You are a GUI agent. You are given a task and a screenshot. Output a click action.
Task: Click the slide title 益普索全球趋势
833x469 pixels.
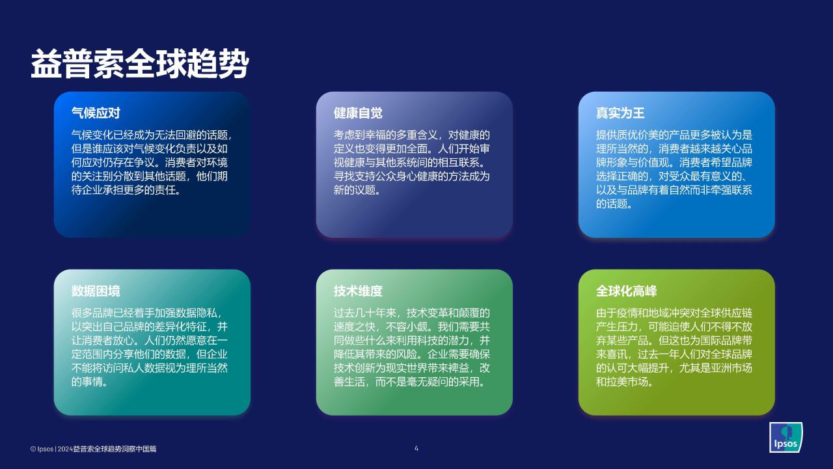pos(139,64)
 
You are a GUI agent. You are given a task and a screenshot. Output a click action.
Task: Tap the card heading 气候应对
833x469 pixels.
pos(96,113)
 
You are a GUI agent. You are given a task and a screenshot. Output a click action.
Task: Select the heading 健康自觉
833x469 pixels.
pos(358,113)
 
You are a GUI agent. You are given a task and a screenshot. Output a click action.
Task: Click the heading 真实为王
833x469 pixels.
pos(620,113)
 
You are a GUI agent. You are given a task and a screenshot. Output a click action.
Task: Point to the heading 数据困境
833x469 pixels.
pos(96,291)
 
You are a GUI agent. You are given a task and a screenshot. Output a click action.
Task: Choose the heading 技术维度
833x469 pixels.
pos(358,291)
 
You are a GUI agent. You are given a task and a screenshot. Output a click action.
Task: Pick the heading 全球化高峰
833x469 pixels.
pos(626,291)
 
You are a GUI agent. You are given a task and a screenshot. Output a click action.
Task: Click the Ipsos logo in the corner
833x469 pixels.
pos(785,437)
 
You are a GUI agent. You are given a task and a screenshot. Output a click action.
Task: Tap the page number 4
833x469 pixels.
pos(416,449)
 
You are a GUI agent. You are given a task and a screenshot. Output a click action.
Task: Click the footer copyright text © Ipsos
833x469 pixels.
pos(42,449)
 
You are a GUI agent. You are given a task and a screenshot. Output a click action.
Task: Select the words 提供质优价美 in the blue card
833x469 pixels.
pos(627,135)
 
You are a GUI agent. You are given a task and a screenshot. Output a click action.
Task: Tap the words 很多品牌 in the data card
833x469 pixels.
pos(92,313)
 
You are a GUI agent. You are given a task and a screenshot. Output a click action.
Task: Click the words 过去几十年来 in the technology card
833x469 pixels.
pos(365,313)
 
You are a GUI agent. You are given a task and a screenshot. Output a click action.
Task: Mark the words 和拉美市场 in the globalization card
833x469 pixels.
pos(621,382)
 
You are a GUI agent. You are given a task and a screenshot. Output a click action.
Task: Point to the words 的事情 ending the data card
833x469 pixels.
pos(87,382)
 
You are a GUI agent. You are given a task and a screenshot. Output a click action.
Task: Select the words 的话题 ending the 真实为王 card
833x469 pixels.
pos(611,204)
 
